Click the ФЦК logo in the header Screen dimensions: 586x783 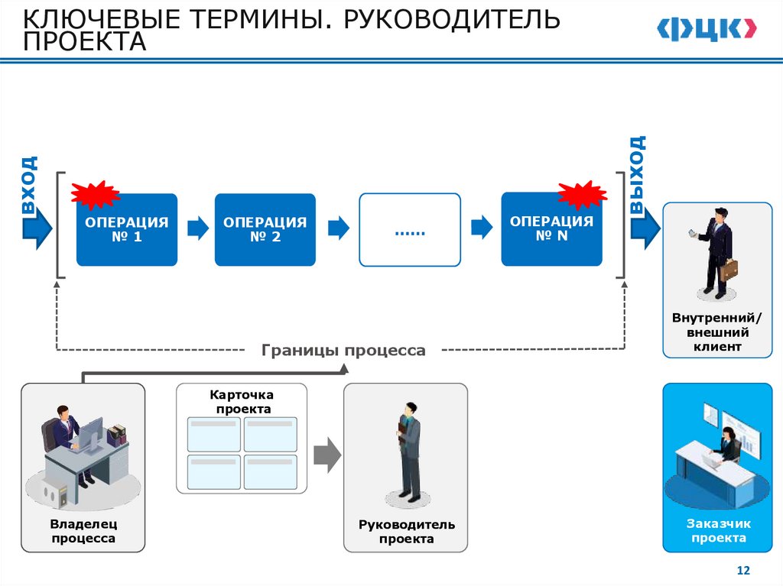click(706, 29)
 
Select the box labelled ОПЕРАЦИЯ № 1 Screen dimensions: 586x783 click(126, 229)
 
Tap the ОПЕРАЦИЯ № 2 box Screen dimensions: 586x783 click(265, 229)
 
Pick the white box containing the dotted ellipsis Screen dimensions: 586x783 click(410, 229)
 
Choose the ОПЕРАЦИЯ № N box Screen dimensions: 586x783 click(551, 229)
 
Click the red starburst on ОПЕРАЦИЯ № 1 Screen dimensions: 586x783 click(96, 195)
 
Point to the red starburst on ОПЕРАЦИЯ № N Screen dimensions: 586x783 click(582, 194)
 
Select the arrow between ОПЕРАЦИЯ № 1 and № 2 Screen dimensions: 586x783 click(197, 228)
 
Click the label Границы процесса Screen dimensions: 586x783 click(343, 351)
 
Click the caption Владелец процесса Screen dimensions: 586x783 click(83, 532)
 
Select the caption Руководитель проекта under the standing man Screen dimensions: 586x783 click(406, 532)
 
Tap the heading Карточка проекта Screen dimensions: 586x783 click(242, 401)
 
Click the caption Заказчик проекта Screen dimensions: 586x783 click(718, 530)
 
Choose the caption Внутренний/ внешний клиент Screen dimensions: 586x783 click(716, 332)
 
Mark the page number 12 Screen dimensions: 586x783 click(742, 571)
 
